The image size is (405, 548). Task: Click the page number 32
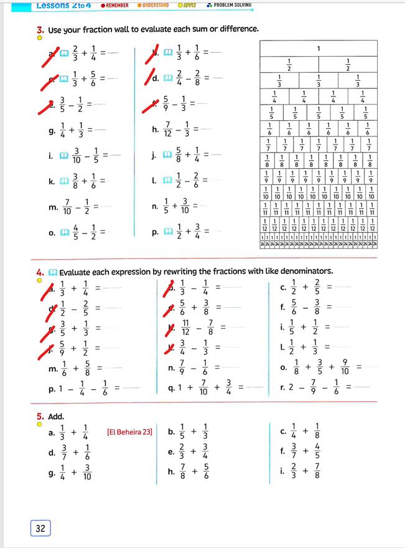(40, 528)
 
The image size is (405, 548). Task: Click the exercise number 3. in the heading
(40, 29)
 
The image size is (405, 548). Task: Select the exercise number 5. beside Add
(40, 416)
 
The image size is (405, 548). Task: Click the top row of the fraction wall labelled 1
(319, 49)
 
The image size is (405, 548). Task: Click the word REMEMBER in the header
(117, 5)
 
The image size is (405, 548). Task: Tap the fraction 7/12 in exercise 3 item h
(170, 129)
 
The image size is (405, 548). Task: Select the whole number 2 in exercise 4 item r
(290, 387)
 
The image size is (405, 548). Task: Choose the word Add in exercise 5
(56, 416)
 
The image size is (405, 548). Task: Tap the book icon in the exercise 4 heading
(53, 272)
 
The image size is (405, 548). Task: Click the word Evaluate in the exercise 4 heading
(78, 272)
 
